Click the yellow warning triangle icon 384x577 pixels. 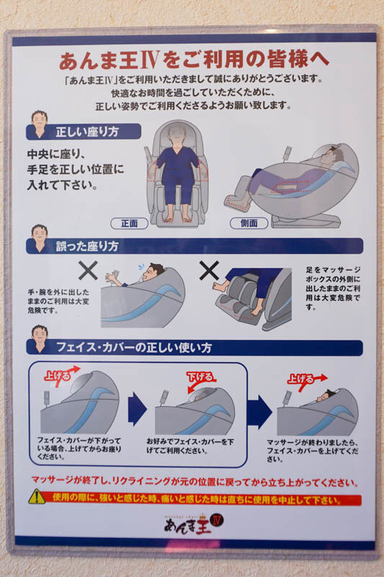(37, 497)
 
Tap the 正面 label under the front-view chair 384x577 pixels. (130, 224)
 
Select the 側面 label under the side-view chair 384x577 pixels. (249, 224)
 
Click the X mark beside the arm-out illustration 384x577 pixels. (88, 271)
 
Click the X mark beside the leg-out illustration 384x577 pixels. (209, 270)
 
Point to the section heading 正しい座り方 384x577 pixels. (87, 132)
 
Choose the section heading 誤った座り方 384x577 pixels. (87, 246)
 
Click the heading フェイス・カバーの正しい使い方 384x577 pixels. (134, 348)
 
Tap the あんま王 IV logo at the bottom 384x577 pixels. (194, 524)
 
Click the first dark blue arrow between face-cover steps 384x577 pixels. (137, 409)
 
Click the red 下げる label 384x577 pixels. (200, 377)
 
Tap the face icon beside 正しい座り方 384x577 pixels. (40, 124)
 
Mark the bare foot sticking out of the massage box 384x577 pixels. (220, 285)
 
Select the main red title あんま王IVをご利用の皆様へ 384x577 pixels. (194, 60)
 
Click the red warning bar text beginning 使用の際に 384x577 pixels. (197, 499)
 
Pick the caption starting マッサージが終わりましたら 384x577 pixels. (313, 451)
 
